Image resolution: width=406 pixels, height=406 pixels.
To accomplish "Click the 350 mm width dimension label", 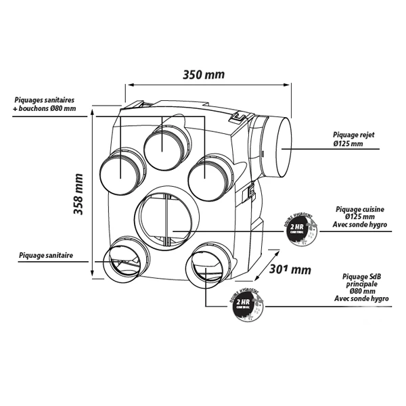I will point(204,74).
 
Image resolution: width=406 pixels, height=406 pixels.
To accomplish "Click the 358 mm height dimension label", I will point(79,194).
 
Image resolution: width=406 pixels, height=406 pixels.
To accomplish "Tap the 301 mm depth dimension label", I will point(289,269).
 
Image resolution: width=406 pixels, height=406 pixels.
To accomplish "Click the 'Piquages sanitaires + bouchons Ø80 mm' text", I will point(45,104).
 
